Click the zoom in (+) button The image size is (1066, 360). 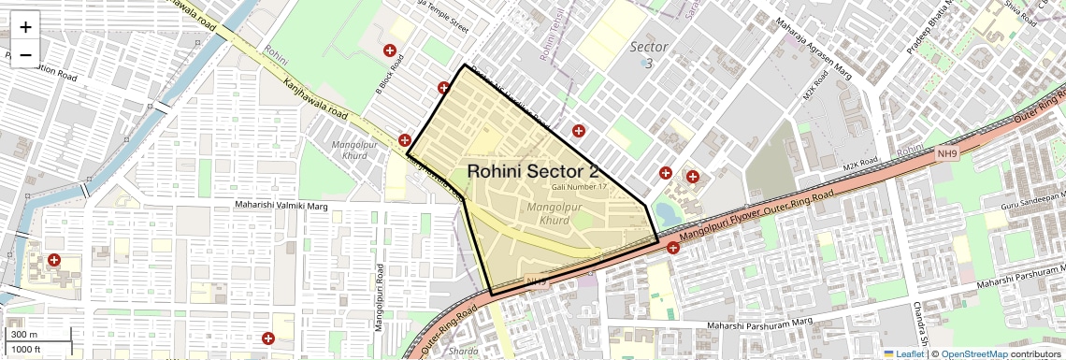25,27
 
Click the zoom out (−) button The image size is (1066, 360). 25,54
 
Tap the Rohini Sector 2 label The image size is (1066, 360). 532,171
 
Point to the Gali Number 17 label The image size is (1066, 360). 579,187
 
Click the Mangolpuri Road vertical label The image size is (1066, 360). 380,297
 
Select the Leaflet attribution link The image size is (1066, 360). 903,354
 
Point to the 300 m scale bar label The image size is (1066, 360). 25,335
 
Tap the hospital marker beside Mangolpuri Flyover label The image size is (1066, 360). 672,248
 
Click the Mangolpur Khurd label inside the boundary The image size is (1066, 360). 555,213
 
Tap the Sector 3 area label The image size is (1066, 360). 648,54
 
